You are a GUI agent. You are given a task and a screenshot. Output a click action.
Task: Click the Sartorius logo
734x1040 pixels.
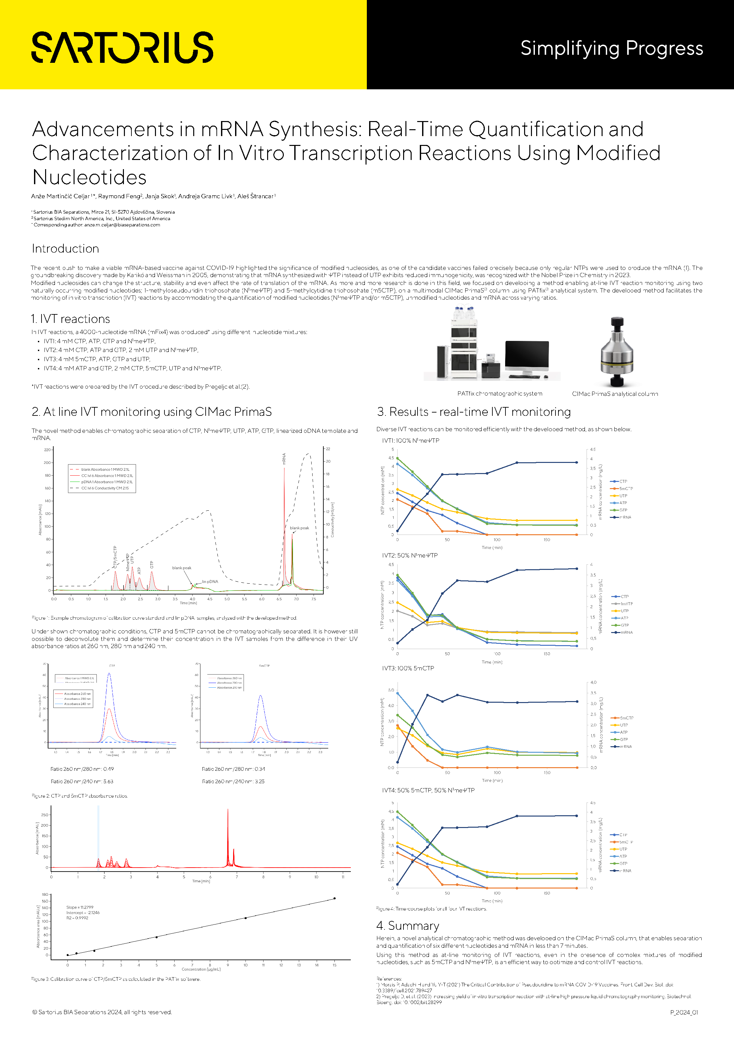[x=122, y=47]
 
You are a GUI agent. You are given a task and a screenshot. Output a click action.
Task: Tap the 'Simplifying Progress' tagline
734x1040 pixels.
[x=611, y=48]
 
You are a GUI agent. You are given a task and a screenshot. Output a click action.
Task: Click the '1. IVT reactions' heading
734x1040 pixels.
[x=71, y=319]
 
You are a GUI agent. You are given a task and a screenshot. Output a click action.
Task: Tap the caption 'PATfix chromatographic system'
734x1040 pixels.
[x=500, y=394]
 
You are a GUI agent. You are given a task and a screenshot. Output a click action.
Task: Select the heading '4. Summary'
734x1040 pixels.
[x=407, y=925]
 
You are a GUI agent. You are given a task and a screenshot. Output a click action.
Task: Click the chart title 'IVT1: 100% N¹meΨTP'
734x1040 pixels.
[x=410, y=440]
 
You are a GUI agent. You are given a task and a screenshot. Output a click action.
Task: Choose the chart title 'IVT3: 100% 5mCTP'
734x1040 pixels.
[x=408, y=668]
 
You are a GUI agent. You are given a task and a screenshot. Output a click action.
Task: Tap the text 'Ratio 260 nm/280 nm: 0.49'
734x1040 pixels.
[x=82, y=769]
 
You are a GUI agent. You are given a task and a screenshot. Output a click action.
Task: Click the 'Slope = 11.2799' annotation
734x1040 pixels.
[x=80, y=907]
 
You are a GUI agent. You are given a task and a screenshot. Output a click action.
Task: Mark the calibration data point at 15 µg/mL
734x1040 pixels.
[x=334, y=898]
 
